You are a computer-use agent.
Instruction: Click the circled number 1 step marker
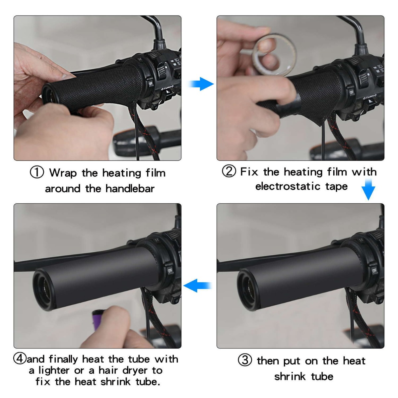point(37,172)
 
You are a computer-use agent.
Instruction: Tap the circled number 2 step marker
point(229,171)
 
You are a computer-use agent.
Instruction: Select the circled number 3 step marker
point(245,360)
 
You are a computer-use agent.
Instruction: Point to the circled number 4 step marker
point(20,359)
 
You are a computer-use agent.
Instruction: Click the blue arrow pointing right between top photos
point(201,84)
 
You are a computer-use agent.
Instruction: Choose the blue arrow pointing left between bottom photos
point(198,285)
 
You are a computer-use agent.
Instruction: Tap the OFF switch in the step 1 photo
point(151,84)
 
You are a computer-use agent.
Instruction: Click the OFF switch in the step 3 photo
point(374,270)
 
